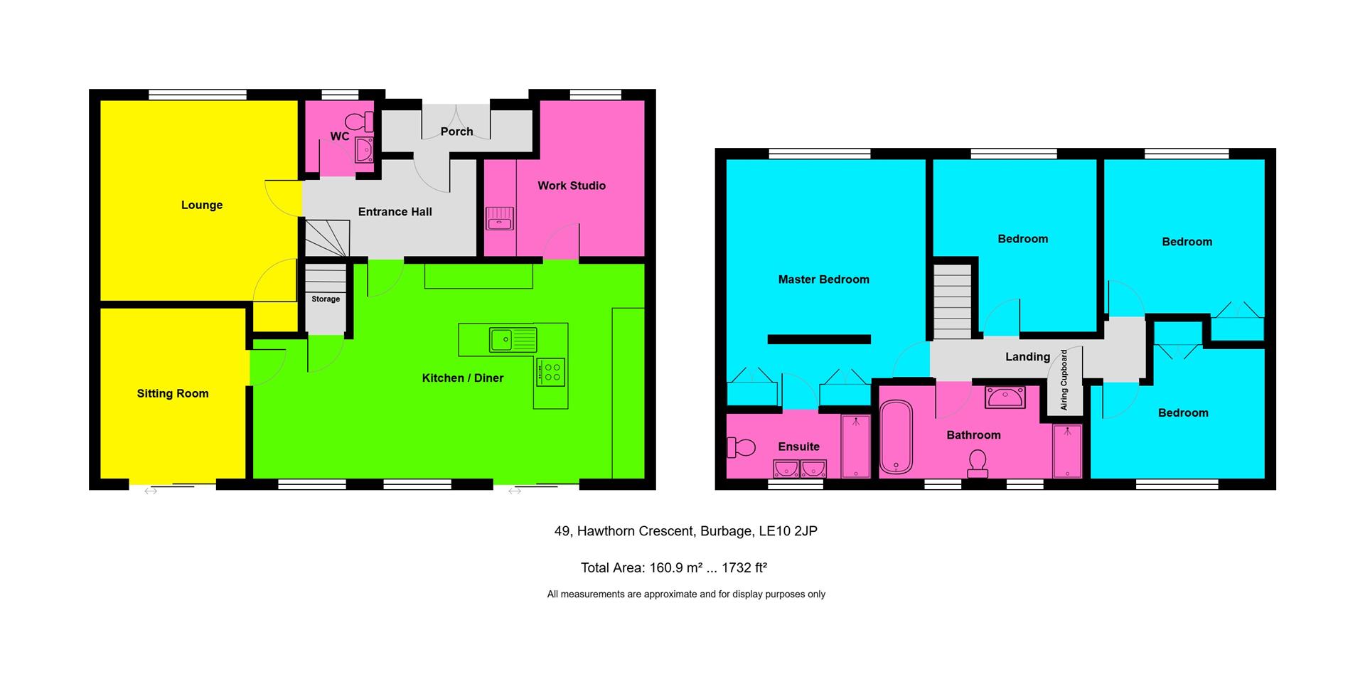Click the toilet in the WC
point(363,122)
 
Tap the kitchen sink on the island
point(512,339)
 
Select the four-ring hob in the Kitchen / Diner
point(550,371)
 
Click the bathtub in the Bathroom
point(896,437)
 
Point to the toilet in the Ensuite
point(741,447)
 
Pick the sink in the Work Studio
point(500,218)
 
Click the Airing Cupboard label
point(1064,380)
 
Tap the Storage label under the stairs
point(326,299)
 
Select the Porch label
point(456,132)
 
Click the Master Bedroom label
point(823,279)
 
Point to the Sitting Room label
point(173,394)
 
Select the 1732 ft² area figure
point(744,568)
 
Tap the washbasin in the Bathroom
point(1005,397)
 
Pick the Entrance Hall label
point(395,212)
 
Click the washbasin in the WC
point(364,150)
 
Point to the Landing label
point(1027,357)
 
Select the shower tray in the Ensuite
point(855,446)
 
